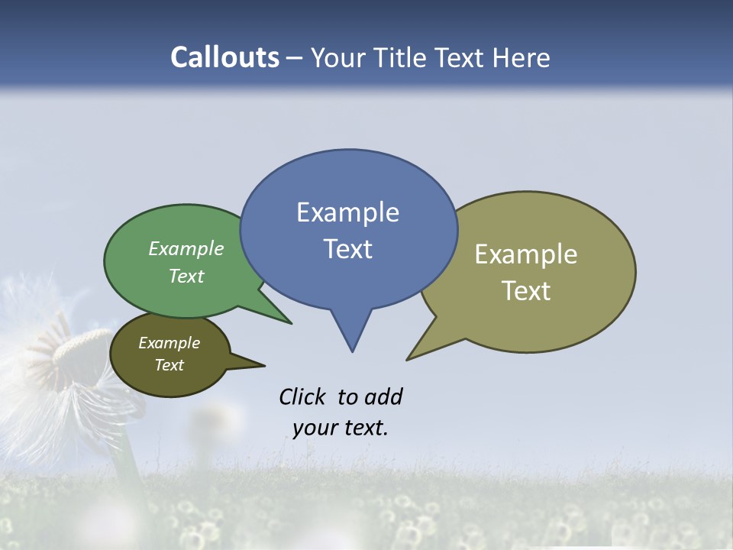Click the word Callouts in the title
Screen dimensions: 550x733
pyautogui.click(x=224, y=58)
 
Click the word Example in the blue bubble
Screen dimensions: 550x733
pyautogui.click(x=347, y=212)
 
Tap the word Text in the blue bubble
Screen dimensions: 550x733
pyautogui.click(x=347, y=249)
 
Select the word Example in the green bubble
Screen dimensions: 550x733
pyautogui.click(x=186, y=249)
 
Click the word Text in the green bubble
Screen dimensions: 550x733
pyautogui.click(x=186, y=276)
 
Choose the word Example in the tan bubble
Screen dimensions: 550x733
pyautogui.click(x=526, y=254)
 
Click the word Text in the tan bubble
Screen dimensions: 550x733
pyautogui.click(x=526, y=291)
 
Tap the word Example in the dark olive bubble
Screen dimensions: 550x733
pyautogui.click(x=169, y=343)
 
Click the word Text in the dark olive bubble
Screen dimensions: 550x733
pyautogui.click(x=169, y=365)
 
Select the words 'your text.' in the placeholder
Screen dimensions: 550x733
pyautogui.click(x=341, y=428)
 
